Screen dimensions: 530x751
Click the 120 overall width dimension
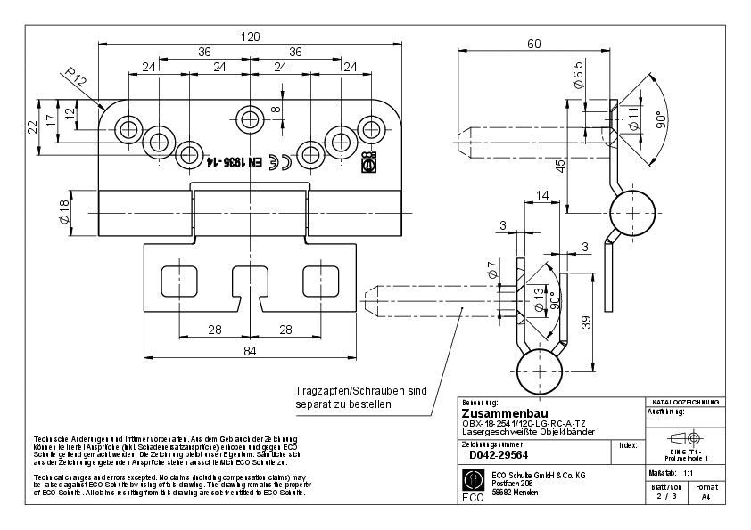[251, 37]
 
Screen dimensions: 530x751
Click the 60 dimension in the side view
[534, 44]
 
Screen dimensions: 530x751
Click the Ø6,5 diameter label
[578, 74]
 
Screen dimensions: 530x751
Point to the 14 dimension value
[542, 195]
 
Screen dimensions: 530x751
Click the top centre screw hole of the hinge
[251, 116]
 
